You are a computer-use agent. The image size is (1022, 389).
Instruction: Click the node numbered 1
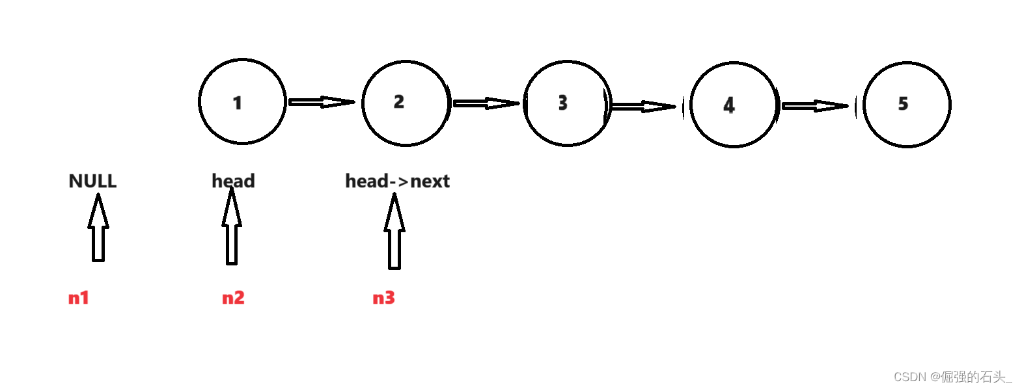[x=242, y=101]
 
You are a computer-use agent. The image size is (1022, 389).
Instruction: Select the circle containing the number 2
[x=406, y=103]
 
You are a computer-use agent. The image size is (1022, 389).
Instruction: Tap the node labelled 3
[x=568, y=103]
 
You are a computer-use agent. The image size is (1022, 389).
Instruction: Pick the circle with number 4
[x=734, y=105]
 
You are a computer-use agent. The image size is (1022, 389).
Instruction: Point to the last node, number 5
[x=907, y=104]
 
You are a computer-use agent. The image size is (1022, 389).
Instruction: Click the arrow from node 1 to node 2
[x=320, y=102]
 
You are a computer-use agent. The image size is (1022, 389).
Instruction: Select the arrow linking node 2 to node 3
[x=485, y=103]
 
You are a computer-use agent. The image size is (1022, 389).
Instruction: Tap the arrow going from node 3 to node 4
[x=642, y=106]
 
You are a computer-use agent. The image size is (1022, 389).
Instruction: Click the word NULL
[x=92, y=181]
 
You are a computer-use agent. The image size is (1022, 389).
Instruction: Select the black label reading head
[x=233, y=181]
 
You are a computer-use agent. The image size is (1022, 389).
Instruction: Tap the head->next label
[x=397, y=181]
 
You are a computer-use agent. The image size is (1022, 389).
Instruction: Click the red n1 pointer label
[x=79, y=298]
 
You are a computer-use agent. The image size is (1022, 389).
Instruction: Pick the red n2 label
[x=233, y=298]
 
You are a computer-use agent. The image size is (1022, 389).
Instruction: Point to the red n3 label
[x=383, y=298]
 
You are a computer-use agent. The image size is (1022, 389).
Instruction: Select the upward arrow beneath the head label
[x=232, y=228]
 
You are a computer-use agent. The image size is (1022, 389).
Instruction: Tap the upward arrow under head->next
[x=394, y=233]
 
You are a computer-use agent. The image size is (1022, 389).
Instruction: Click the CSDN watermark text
[x=952, y=377]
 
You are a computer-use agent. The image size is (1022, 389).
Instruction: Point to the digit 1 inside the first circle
[x=238, y=103]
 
